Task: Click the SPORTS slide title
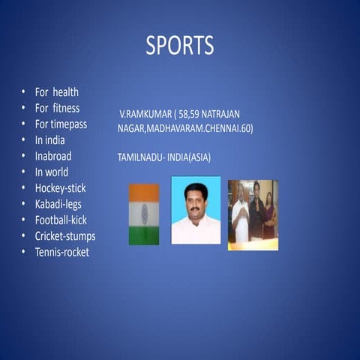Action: [179, 46]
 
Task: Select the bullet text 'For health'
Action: [56, 92]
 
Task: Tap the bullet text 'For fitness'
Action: [57, 108]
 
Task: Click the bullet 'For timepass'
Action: [61, 124]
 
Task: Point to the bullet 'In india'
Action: [49, 140]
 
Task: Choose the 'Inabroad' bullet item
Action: [53, 156]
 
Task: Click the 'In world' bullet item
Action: [52, 172]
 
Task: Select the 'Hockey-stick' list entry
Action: [60, 188]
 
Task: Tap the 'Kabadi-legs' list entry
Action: [59, 204]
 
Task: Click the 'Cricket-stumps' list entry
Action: [64, 236]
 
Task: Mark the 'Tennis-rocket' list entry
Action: [61, 252]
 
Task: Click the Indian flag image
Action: [144, 214]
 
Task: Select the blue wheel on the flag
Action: [144, 214]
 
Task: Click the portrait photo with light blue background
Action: [196, 210]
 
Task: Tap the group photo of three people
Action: [253, 214]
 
